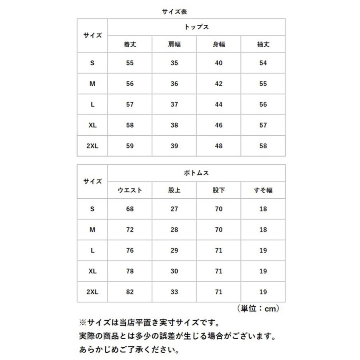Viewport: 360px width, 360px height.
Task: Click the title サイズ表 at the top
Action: (174, 12)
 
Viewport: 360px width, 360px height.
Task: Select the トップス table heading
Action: (196, 28)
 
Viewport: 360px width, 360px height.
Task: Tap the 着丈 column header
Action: (130, 44)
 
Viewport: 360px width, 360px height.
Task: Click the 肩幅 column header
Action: (174, 44)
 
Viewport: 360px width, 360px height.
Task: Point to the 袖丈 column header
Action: (263, 44)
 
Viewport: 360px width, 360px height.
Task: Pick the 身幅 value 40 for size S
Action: (218, 63)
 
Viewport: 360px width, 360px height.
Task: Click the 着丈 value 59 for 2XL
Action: (130, 146)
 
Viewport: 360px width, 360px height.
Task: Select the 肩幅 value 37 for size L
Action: (174, 104)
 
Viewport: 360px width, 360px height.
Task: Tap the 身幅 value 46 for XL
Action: (218, 125)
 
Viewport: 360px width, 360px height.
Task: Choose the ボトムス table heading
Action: (196, 174)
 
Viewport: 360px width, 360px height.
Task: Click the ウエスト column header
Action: (130, 190)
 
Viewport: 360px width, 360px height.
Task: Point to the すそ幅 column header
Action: (263, 190)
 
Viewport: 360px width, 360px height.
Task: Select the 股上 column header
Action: (174, 190)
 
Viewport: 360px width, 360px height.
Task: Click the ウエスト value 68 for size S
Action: (130, 209)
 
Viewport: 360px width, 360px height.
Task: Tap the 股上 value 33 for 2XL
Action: (174, 292)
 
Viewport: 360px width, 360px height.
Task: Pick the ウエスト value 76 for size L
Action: (130, 251)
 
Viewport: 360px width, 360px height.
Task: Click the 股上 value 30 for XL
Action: (174, 271)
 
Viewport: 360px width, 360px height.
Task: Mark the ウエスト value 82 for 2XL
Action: (130, 292)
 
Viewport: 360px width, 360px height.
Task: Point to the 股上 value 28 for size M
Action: (174, 230)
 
